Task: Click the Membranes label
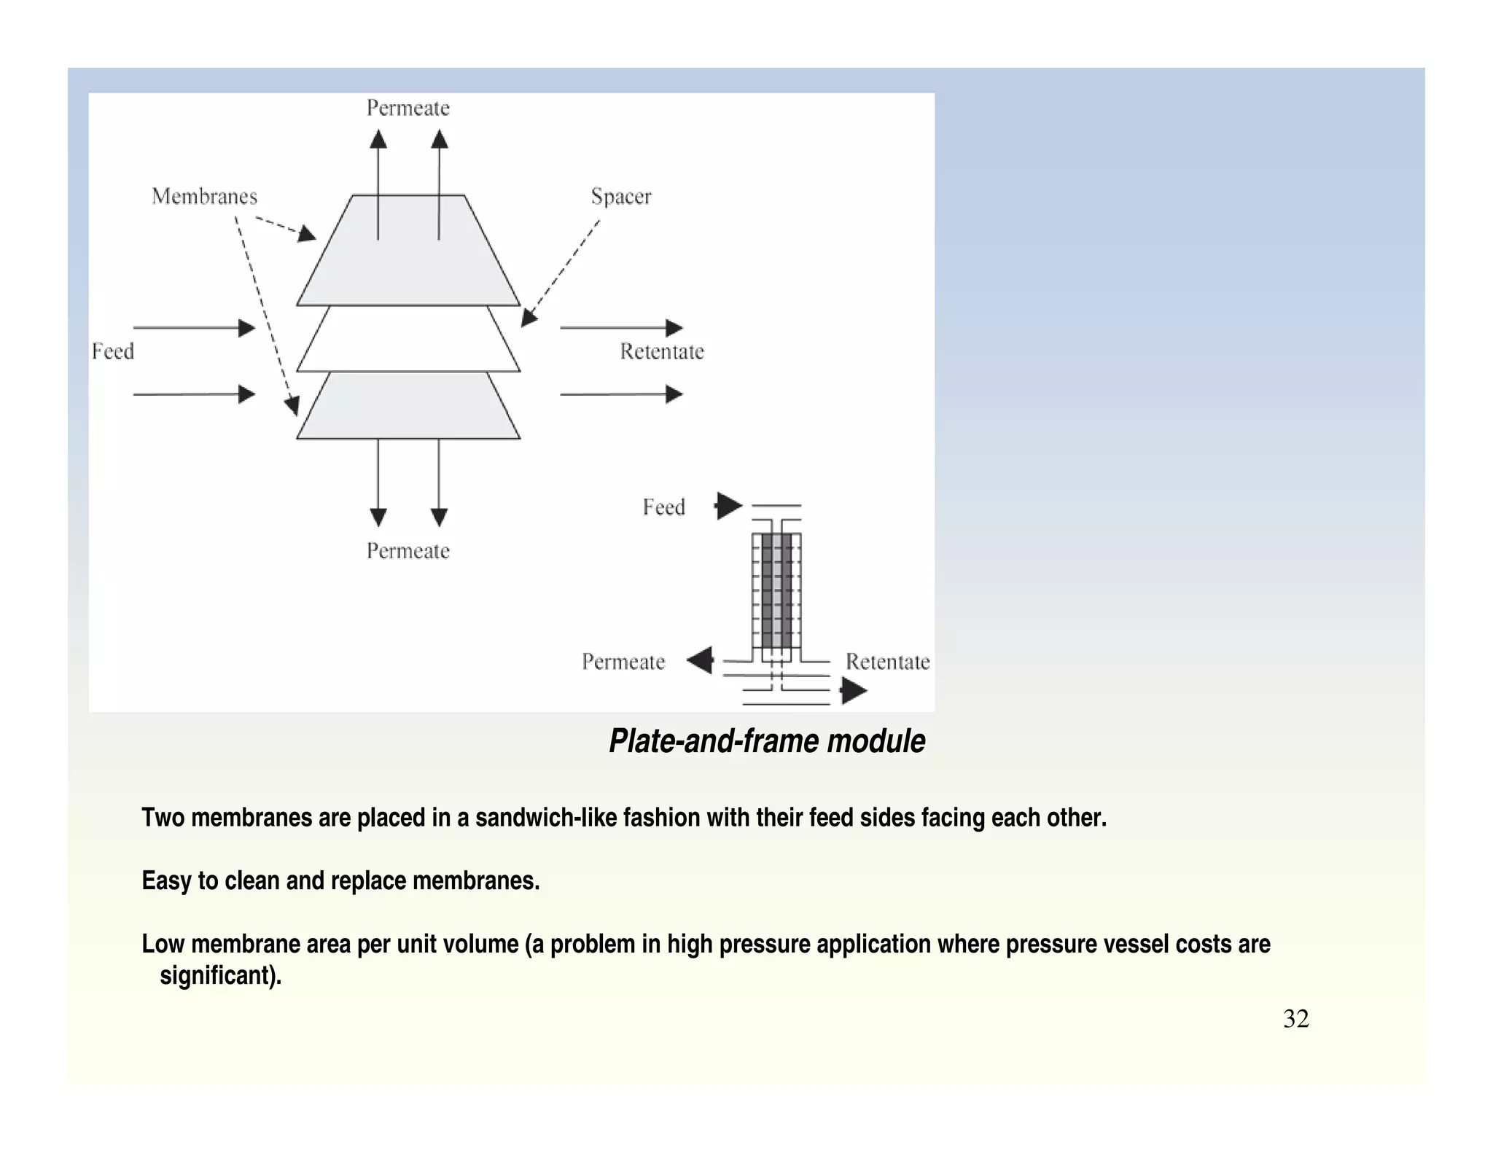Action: coord(204,197)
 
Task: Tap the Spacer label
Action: coord(620,197)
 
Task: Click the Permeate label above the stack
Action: coord(408,109)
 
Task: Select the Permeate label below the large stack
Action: coord(408,551)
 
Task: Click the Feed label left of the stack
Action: coord(113,351)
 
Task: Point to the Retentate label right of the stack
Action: coord(662,351)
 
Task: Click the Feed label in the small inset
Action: coord(663,507)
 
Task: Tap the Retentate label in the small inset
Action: coord(887,662)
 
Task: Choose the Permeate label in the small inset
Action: coord(623,662)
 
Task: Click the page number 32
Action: coord(1295,1019)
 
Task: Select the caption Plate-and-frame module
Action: coord(767,741)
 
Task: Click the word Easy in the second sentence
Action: coord(166,881)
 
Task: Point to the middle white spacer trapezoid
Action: coord(408,340)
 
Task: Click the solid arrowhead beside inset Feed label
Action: coord(728,506)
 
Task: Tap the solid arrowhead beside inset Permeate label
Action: coord(701,660)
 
